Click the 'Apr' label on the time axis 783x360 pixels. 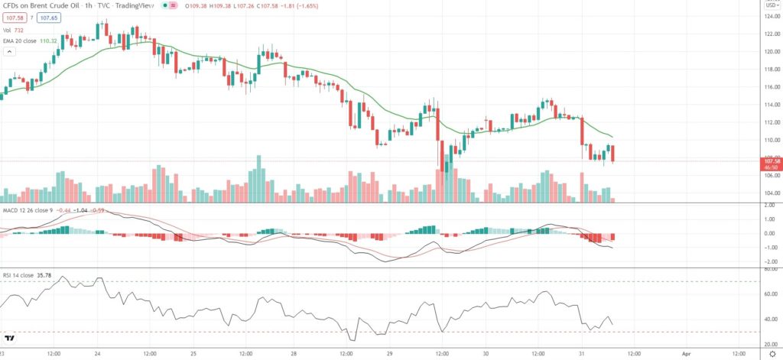(x=686, y=354)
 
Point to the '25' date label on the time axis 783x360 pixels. (x=193, y=354)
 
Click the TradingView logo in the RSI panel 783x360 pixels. (x=11, y=339)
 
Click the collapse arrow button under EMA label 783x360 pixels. (x=9, y=52)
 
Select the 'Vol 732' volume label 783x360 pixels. (x=16, y=30)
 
